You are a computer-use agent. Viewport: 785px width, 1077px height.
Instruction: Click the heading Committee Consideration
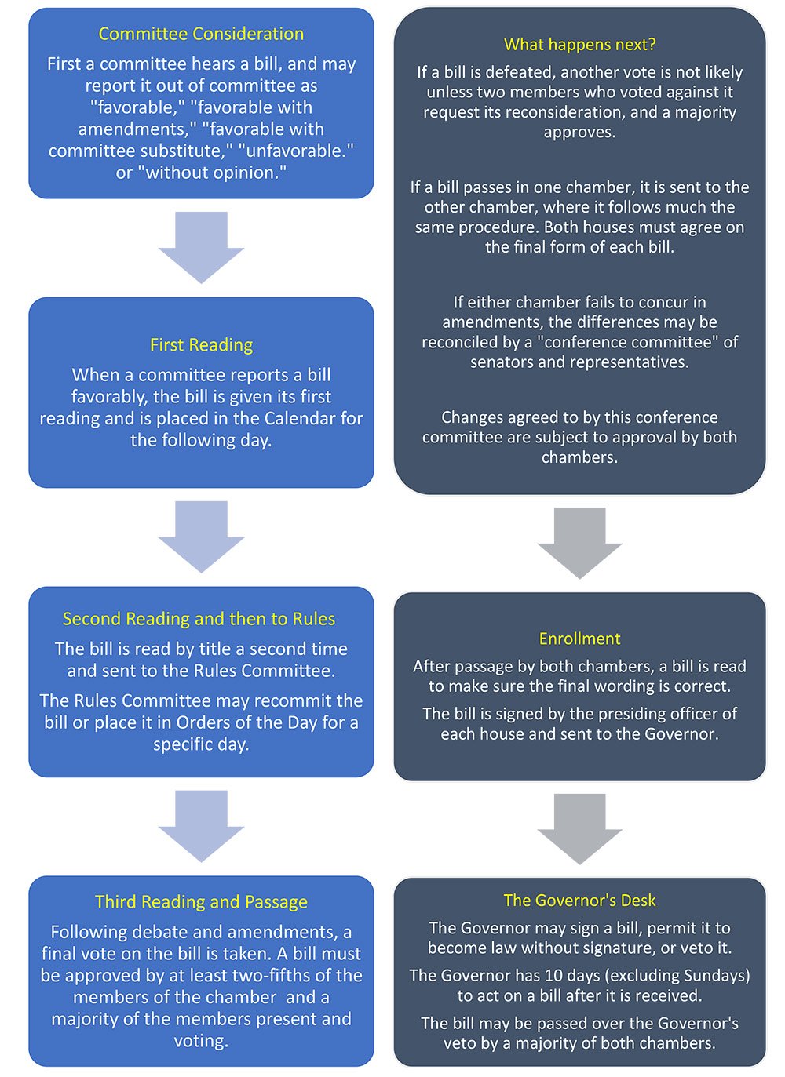pos(201,34)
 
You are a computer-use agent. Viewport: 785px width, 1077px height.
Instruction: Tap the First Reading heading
pos(201,345)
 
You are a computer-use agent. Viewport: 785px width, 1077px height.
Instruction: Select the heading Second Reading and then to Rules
pos(199,619)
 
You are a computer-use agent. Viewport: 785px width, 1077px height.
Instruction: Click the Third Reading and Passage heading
pos(201,902)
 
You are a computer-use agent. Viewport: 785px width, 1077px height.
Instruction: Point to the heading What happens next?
pos(579,45)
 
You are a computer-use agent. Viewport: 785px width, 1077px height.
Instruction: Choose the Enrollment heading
pos(579,639)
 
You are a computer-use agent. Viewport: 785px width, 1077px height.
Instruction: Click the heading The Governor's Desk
pos(579,901)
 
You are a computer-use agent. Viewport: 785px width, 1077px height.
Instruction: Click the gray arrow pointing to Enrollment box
pos(579,542)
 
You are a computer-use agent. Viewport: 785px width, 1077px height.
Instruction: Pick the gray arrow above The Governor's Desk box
pos(579,828)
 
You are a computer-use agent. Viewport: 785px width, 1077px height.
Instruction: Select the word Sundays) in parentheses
pos(716,976)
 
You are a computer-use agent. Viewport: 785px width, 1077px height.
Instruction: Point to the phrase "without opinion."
pos(212,173)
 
